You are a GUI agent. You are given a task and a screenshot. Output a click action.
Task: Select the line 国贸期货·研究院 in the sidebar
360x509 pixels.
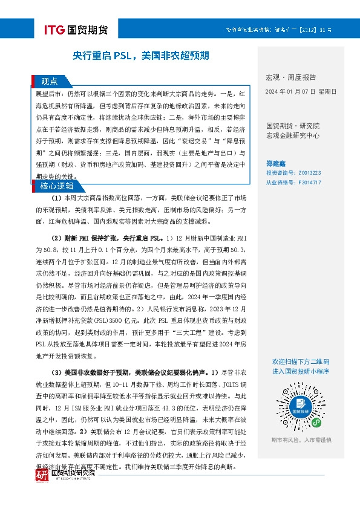[x=293, y=126]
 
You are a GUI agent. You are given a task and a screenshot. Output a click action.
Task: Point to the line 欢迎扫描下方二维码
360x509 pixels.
[x=300, y=361]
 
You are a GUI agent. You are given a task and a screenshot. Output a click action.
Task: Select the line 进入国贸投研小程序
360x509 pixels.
[x=300, y=371]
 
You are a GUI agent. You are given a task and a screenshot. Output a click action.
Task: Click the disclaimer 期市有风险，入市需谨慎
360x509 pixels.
[x=301, y=439]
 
